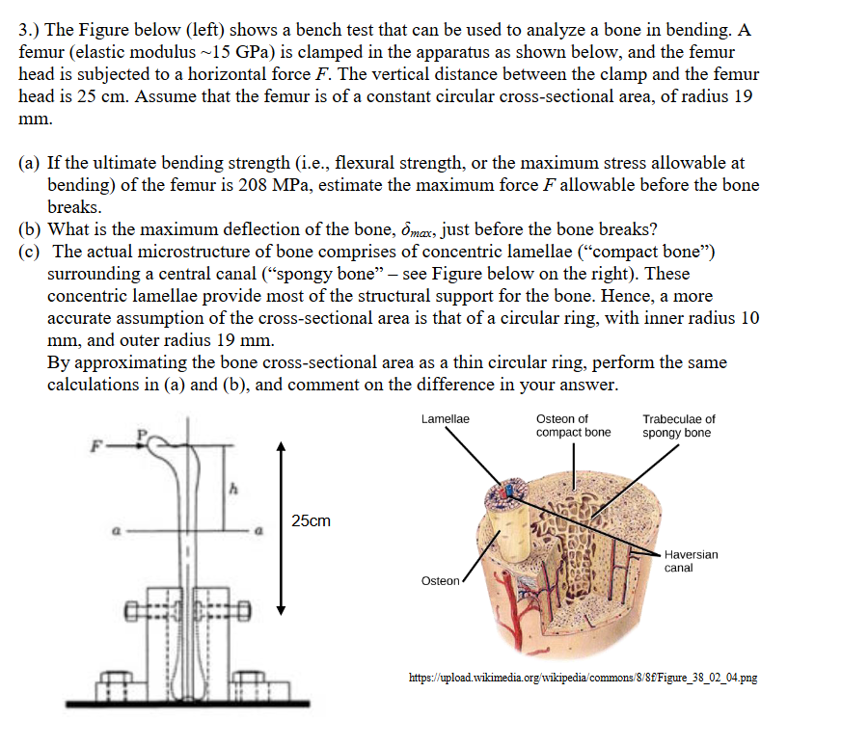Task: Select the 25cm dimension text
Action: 310,521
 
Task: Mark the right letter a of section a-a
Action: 258,529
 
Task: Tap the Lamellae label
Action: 446,419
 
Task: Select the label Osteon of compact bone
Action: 573,425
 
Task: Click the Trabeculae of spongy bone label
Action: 679,425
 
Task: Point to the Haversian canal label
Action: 691,561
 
